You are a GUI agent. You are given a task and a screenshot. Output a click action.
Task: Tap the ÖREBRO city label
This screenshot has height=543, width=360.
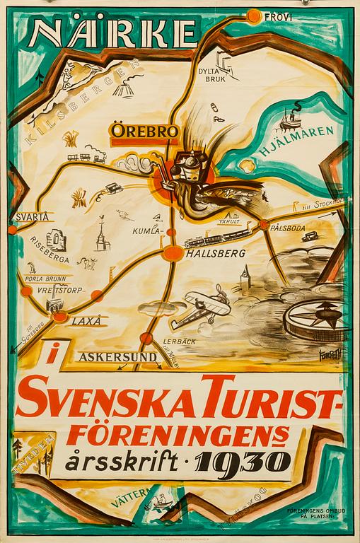[x=137, y=131]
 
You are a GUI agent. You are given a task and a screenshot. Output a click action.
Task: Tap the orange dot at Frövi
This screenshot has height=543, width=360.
[x=260, y=15]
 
